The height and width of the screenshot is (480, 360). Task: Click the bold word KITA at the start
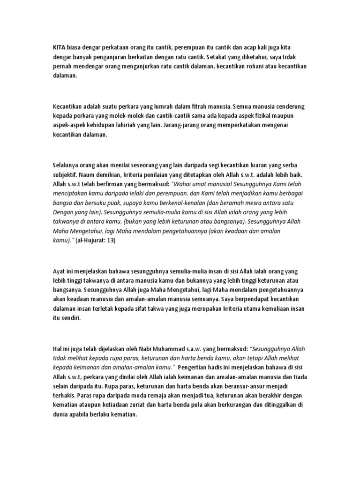click(59, 48)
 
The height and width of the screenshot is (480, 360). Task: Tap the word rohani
click(238, 67)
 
